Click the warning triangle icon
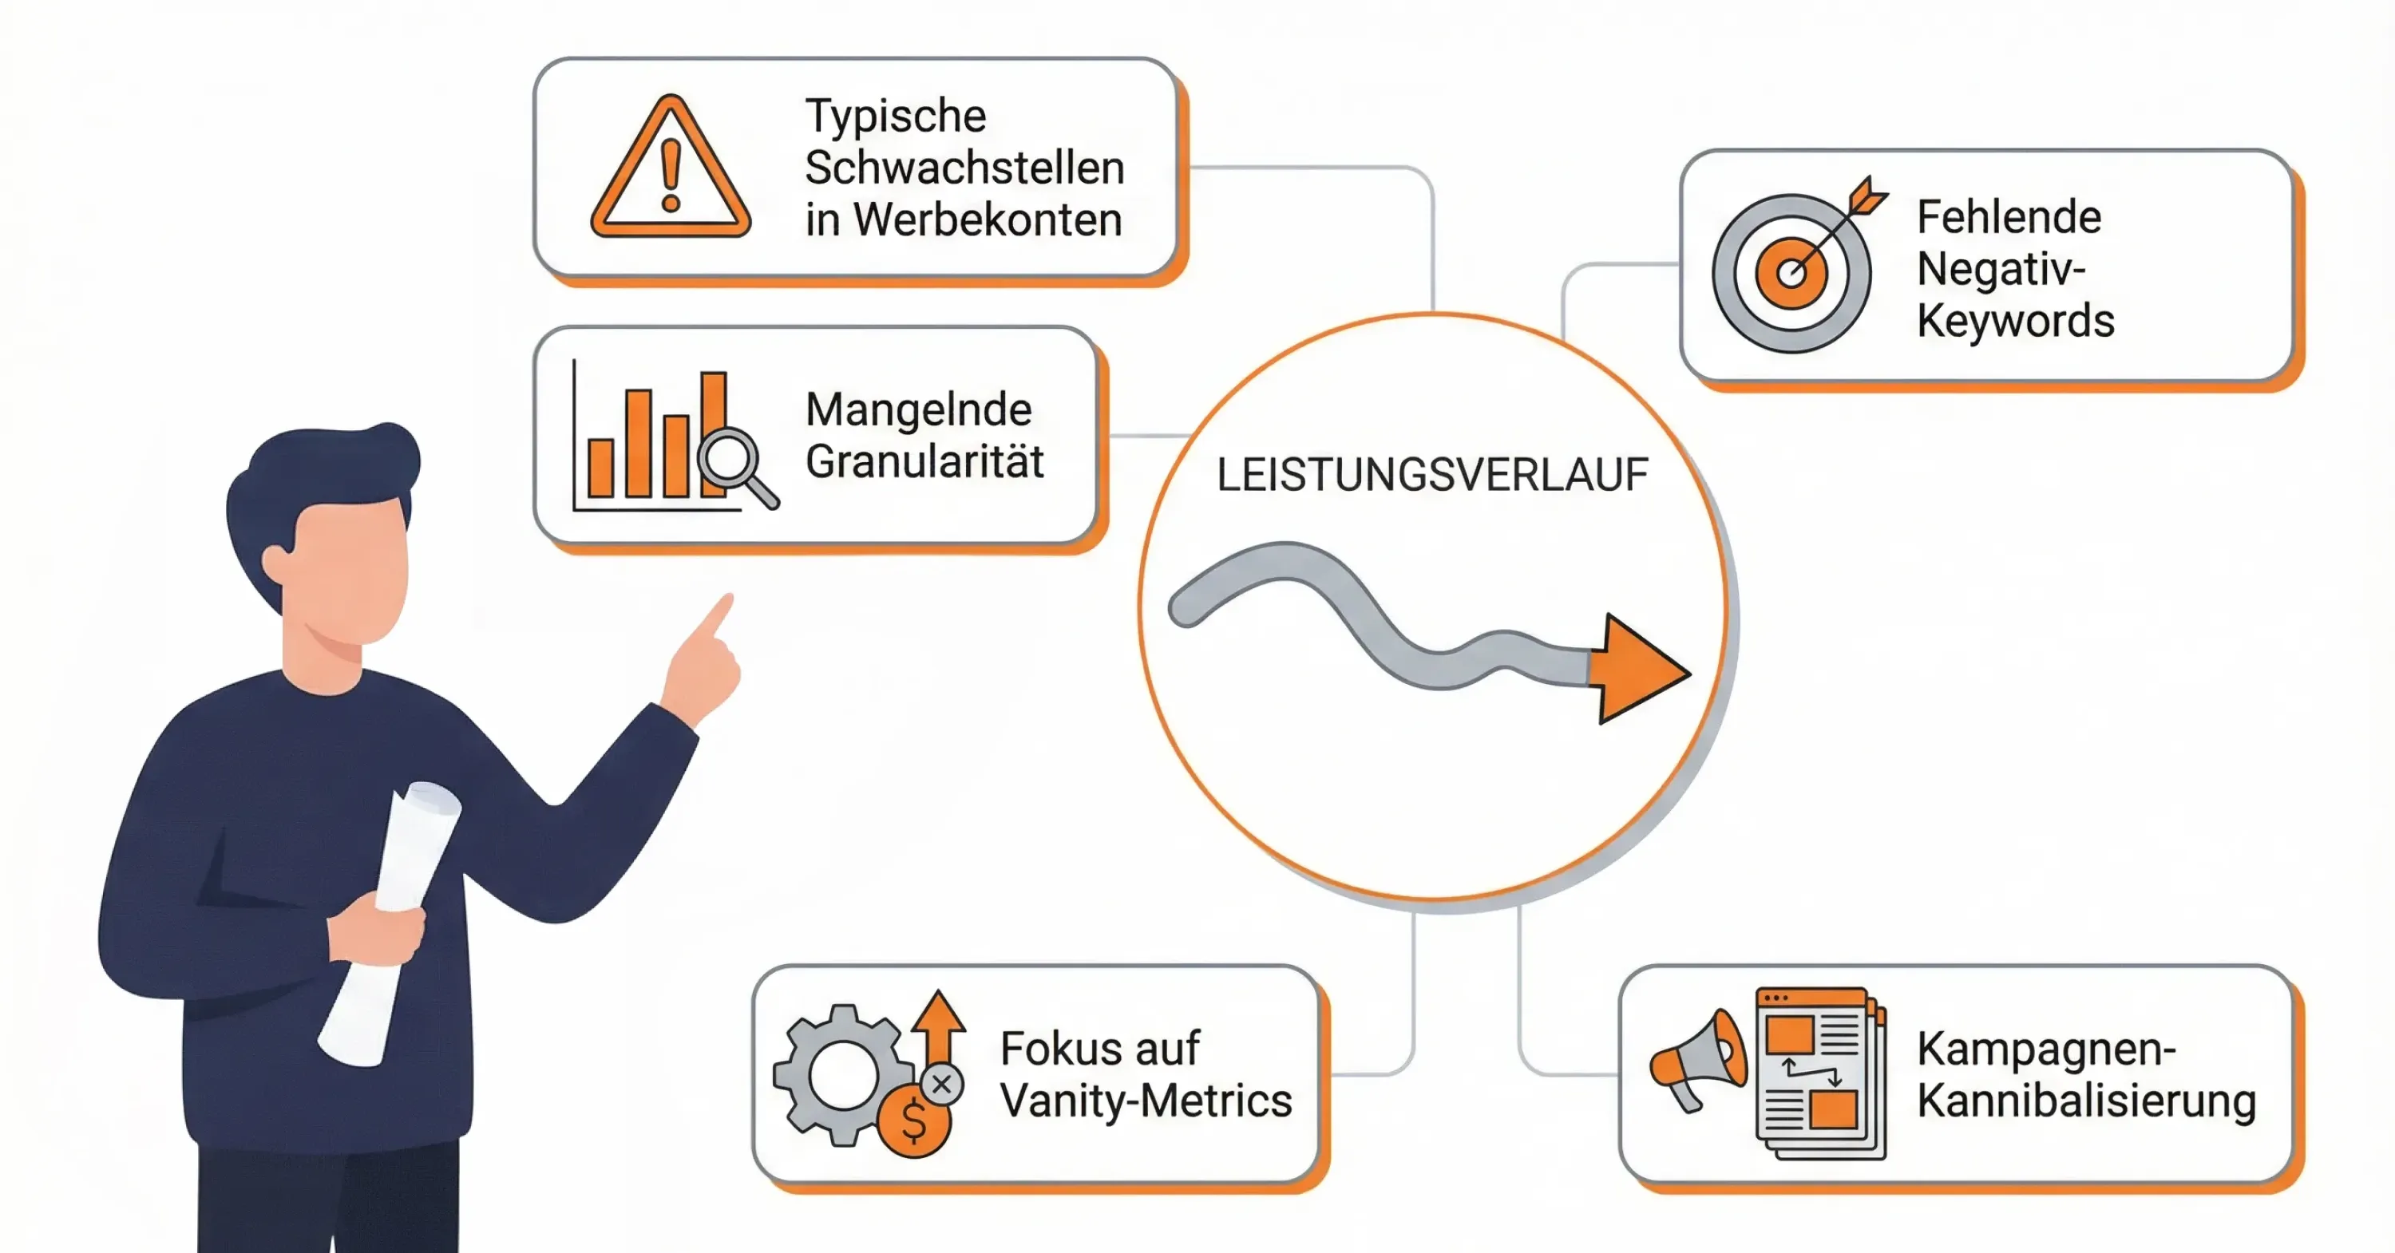671,170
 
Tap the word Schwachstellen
964,168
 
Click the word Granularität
924,462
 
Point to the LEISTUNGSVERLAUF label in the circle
1431,475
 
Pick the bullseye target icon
1791,272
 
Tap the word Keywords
2015,322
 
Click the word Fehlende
2009,218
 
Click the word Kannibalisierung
2085,1101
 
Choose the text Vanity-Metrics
1146,1101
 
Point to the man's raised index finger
718,615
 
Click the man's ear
276,563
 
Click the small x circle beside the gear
942,1084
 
